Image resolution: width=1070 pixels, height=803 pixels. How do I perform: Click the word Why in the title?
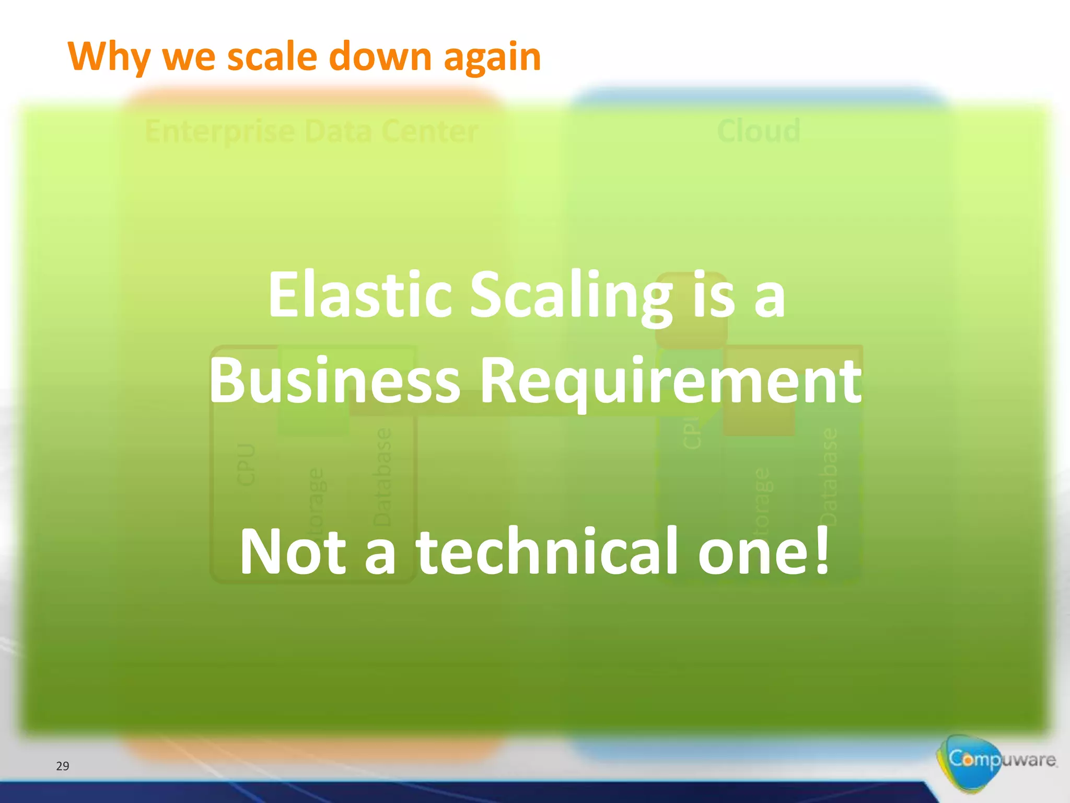pos(109,56)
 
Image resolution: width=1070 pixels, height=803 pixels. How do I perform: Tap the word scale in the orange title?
pos(272,56)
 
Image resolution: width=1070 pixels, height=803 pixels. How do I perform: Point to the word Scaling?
pos(572,295)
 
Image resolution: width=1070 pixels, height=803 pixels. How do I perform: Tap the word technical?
pos(546,551)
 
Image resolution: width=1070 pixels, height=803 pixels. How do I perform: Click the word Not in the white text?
pos(293,551)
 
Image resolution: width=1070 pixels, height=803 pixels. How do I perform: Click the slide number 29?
pos(63,766)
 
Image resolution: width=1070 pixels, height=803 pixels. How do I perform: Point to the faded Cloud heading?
pos(759,131)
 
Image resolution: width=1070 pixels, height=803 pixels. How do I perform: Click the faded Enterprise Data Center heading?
pos(311,131)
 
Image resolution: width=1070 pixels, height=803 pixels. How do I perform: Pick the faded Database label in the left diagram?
pos(382,477)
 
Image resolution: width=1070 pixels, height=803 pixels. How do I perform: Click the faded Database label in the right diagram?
pos(829,477)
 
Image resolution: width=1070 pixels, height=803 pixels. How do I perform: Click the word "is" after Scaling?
pos(714,295)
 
